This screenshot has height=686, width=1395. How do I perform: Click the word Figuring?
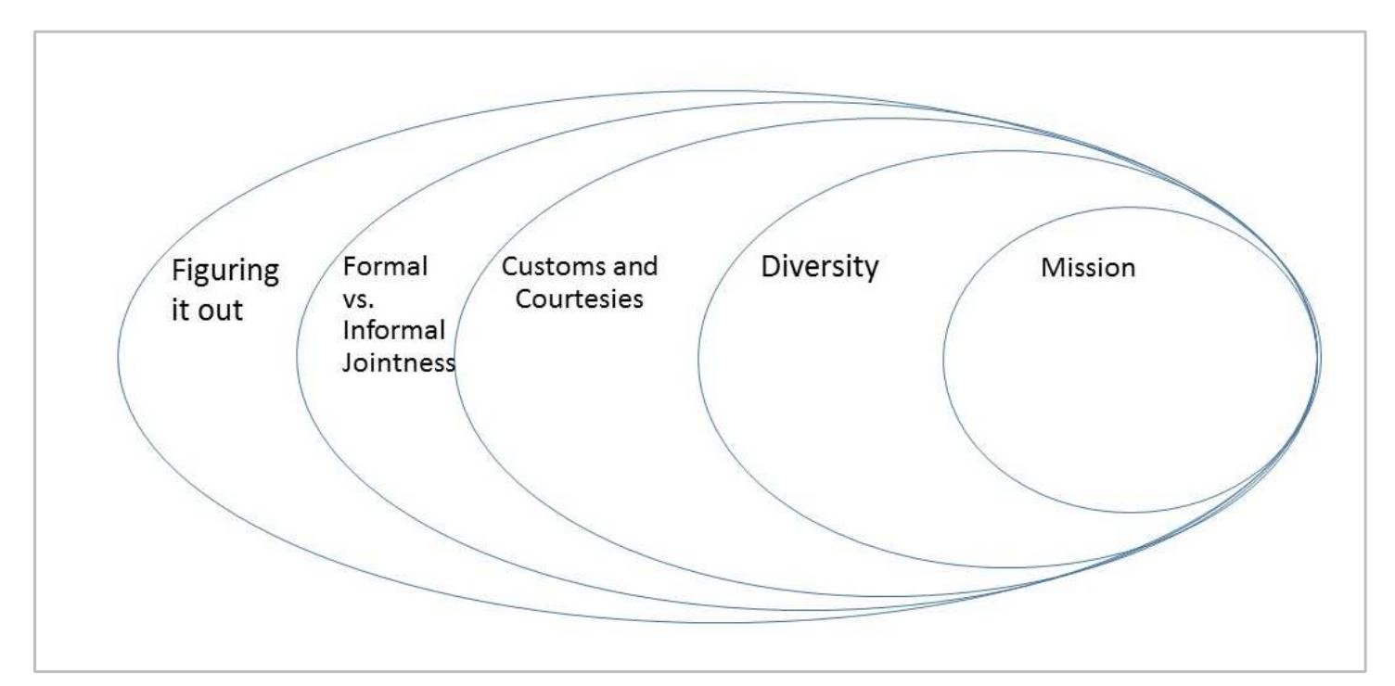[x=225, y=274]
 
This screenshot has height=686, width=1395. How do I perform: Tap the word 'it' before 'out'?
[x=182, y=310]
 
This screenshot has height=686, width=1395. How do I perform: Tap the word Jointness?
[x=398, y=362]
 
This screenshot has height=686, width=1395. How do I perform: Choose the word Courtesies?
[x=580, y=299]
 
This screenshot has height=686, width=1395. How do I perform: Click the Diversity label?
[x=819, y=267]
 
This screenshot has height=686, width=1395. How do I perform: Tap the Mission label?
[x=1087, y=268]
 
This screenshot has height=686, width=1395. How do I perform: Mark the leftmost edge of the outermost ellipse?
[x=118, y=356]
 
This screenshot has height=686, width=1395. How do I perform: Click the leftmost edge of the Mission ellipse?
[x=943, y=360]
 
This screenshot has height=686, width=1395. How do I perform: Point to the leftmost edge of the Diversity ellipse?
[x=698, y=358]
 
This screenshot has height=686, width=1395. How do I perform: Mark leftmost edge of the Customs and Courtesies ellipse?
[x=454, y=358]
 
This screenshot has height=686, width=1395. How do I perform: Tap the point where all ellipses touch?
[x=1319, y=357]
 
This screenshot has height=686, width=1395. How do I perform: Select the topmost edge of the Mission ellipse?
[x=1130, y=207]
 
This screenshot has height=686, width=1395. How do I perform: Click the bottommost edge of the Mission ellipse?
[x=1130, y=513]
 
